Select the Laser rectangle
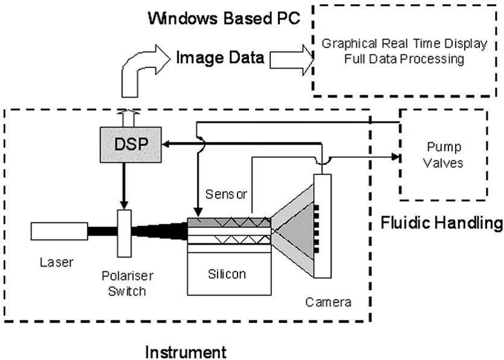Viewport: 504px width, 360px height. (60, 230)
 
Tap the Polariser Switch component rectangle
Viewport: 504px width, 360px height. (124, 232)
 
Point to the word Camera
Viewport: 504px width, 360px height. (332, 300)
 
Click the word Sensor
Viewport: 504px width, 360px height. (226, 194)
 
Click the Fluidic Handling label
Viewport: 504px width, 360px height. (442, 223)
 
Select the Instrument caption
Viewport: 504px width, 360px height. (186, 351)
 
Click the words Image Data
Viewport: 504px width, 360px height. (220, 58)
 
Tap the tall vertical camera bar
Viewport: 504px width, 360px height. (323, 226)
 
